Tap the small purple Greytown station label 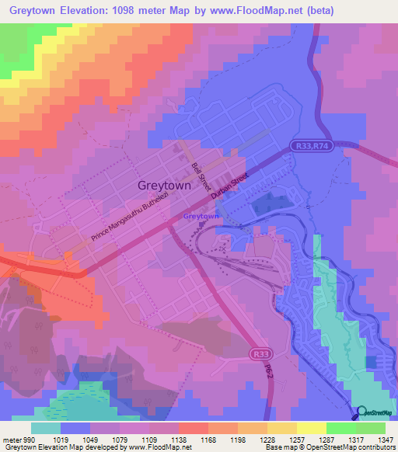[200, 217]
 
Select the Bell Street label [202, 177]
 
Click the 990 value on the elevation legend [30, 439]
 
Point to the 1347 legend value [386, 439]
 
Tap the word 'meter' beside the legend [11, 439]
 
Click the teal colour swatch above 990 [46, 428]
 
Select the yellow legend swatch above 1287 [311, 428]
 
